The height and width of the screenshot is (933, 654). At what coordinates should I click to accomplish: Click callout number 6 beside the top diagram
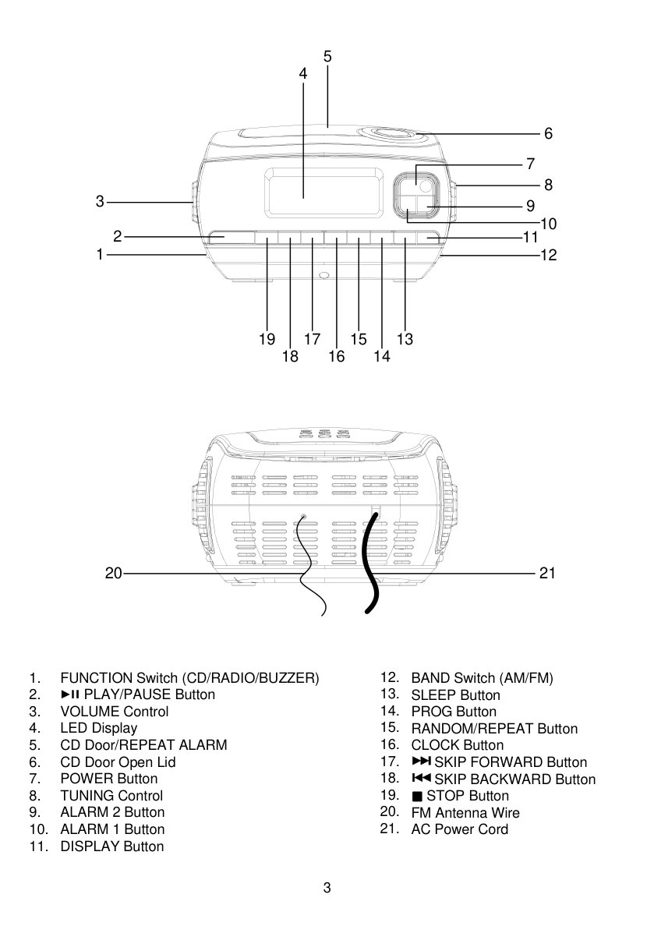548,133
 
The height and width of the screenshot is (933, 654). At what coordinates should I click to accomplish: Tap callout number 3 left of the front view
100,202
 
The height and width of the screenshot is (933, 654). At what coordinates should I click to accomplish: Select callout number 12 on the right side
548,255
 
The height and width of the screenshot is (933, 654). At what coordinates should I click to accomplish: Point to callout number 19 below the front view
267,339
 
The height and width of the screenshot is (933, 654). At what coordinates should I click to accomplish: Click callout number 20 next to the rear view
113,573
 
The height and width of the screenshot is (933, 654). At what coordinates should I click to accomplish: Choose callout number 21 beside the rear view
547,573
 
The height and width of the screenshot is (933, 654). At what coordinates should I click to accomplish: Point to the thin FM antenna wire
310,565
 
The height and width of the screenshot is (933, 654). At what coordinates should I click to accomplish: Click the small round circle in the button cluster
425,186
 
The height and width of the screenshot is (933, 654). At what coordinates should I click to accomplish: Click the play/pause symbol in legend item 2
70,694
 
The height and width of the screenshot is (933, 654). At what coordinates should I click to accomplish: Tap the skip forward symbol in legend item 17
421,762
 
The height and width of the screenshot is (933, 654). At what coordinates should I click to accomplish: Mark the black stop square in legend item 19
416,797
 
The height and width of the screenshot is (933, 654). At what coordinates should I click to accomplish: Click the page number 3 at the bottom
327,888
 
